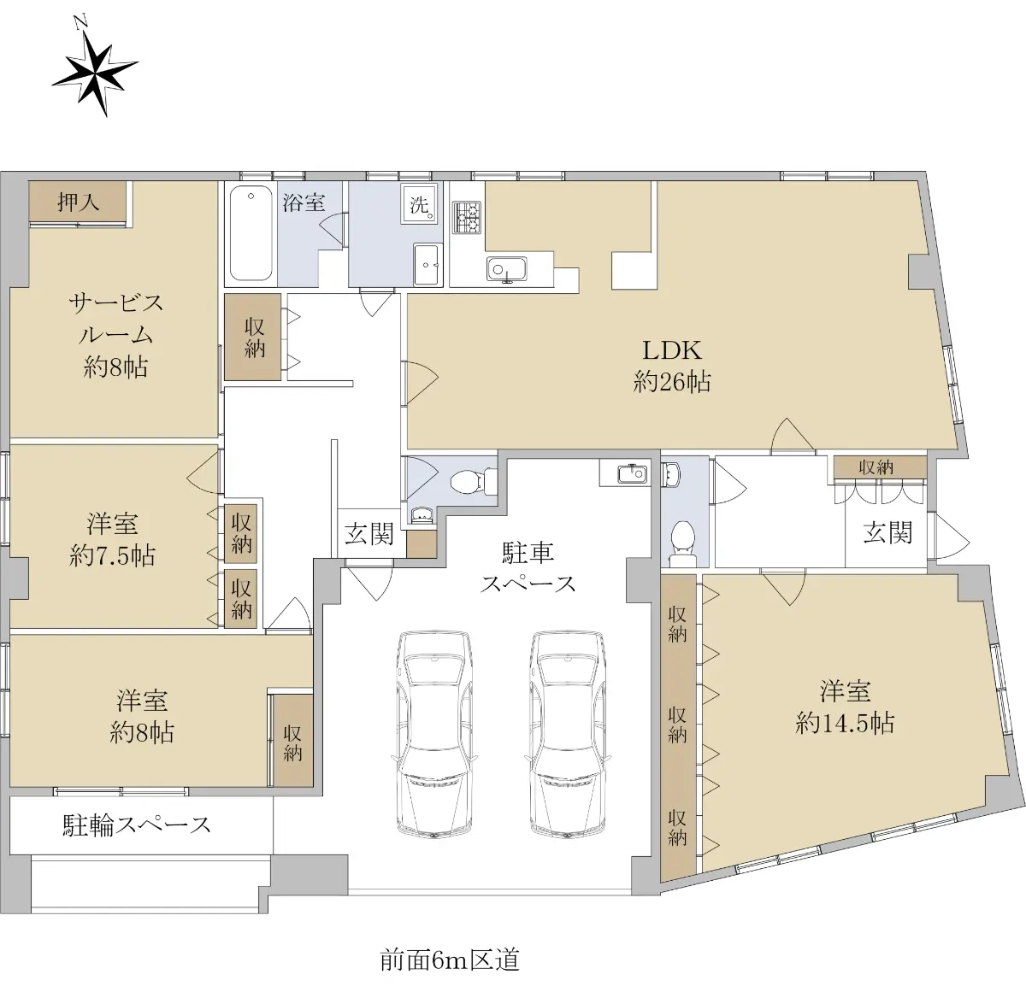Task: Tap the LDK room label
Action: tap(671, 365)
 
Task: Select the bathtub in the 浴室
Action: tap(251, 233)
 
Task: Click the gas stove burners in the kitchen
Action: tap(467, 218)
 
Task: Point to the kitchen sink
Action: tap(506, 270)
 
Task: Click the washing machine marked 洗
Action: tap(419, 204)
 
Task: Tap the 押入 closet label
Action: tap(78, 202)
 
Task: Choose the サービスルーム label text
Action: tap(115, 335)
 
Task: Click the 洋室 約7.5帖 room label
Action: tap(112, 539)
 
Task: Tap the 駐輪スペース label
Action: tap(137, 825)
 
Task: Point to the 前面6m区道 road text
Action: tap(450, 960)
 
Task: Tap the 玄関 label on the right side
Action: tap(887, 533)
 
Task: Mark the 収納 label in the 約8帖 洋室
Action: tap(292, 743)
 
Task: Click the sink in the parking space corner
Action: tap(632, 473)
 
